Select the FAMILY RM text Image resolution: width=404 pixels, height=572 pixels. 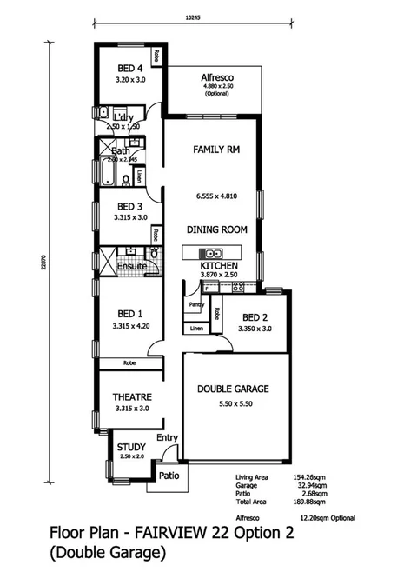pyautogui.click(x=216, y=149)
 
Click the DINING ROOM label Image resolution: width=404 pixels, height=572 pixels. pyautogui.click(x=216, y=229)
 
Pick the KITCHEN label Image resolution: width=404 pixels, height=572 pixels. pyautogui.click(x=218, y=265)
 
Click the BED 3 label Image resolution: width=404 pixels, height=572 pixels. pyautogui.click(x=130, y=206)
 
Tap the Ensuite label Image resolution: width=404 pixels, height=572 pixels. pyautogui.click(x=118, y=266)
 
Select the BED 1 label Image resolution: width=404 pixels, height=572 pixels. pyautogui.click(x=130, y=314)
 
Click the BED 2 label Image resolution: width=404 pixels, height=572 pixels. pyautogui.click(x=255, y=317)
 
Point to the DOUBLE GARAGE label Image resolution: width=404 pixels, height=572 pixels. pyautogui.click(x=232, y=389)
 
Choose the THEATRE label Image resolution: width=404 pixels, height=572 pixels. pyautogui.click(x=131, y=396)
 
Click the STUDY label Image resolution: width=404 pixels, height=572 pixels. pyautogui.click(x=132, y=448)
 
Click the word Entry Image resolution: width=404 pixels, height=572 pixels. pyautogui.click(x=167, y=437)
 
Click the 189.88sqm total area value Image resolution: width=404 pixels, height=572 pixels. pyautogui.click(x=311, y=502)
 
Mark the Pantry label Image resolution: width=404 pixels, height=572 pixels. pyautogui.click(x=195, y=305)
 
